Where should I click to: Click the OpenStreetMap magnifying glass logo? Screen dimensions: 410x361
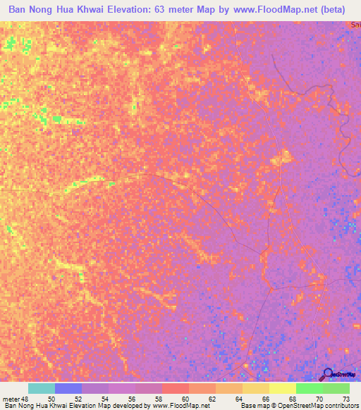[326, 374]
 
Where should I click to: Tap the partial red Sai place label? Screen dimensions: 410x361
[355, 25]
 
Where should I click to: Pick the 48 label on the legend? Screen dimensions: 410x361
[25, 399]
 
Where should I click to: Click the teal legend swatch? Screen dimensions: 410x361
[41, 388]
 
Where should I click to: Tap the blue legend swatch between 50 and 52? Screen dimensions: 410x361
[68, 388]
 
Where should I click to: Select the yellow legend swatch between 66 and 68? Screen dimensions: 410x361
[282, 388]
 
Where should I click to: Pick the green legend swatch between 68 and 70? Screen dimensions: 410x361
[309, 388]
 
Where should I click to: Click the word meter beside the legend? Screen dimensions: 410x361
[10, 399]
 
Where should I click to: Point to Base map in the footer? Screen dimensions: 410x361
[252, 406]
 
